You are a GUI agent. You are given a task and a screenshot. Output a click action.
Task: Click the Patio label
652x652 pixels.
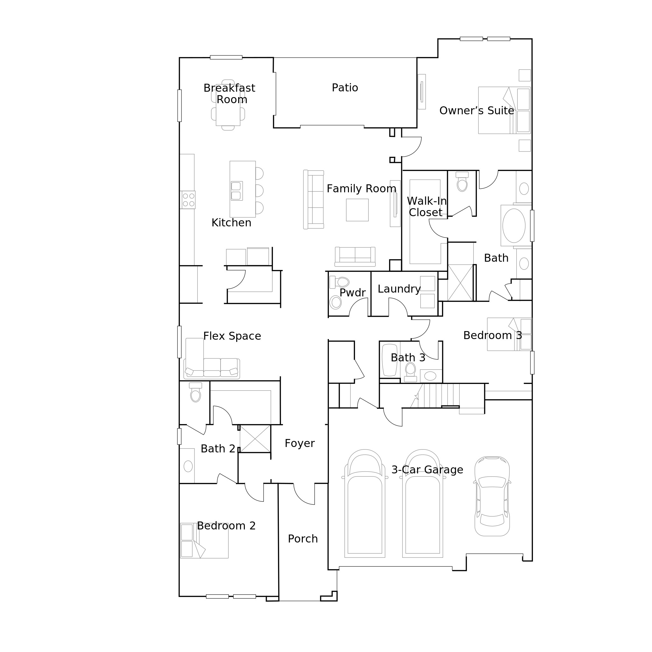click(x=344, y=88)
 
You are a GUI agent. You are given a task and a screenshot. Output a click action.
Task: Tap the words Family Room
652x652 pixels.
click(x=361, y=189)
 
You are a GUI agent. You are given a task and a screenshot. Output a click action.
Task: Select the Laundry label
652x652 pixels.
click(x=399, y=289)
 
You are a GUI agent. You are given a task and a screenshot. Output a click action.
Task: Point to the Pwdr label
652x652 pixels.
click(x=352, y=293)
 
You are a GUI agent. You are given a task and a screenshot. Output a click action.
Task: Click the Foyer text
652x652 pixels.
click(x=299, y=443)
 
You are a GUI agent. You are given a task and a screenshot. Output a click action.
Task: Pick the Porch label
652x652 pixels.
click(x=303, y=539)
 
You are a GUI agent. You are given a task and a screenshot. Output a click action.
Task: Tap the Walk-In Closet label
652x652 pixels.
click(x=426, y=207)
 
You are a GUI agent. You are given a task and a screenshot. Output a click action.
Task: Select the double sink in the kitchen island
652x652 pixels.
click(x=236, y=191)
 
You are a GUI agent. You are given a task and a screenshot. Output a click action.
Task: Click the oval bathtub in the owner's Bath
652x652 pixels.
click(x=514, y=225)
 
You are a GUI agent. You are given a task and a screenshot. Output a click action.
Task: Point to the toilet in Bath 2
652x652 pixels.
click(x=195, y=393)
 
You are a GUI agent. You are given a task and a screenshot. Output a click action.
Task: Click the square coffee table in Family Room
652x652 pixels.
click(x=357, y=210)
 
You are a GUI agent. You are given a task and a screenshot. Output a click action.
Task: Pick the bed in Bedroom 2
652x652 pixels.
click(x=204, y=540)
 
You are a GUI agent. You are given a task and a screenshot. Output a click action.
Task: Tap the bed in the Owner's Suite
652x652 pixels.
click(x=504, y=110)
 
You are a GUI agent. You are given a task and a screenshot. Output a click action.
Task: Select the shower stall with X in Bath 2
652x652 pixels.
click(x=255, y=439)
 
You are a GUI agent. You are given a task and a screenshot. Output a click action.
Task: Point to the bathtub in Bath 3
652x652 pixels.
click(x=389, y=360)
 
